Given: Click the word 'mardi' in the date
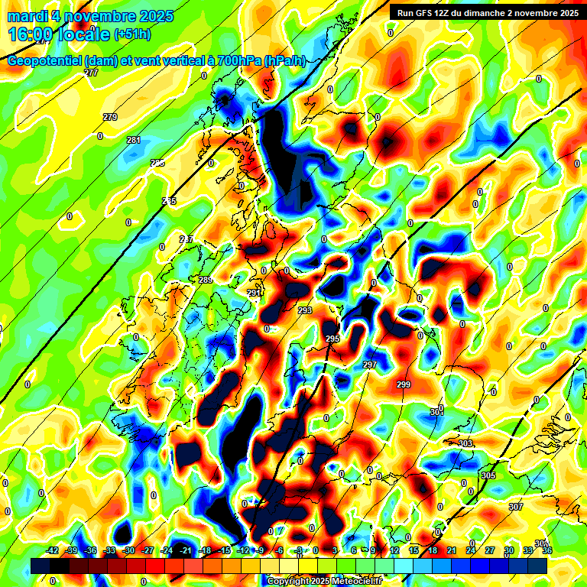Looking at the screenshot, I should click(x=29, y=16).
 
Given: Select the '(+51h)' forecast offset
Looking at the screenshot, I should click(x=131, y=34).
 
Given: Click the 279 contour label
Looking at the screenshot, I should click(x=110, y=117).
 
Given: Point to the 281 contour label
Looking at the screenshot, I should click(x=134, y=140).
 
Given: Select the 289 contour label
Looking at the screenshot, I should click(x=206, y=281).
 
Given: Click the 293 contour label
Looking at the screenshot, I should click(x=305, y=310).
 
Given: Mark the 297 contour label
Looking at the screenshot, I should click(x=370, y=365).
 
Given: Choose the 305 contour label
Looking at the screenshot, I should click(x=488, y=475).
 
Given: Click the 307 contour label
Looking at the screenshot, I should click(x=516, y=507).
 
